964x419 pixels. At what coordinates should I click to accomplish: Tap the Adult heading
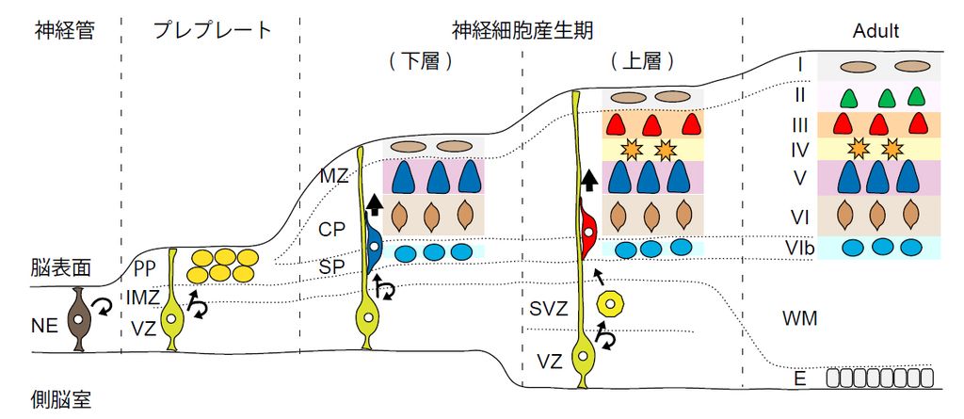tap(876, 31)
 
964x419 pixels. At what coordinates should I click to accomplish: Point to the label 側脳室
tap(57, 399)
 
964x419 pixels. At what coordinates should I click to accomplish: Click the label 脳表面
tap(57, 267)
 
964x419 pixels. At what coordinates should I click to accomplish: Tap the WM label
tap(798, 318)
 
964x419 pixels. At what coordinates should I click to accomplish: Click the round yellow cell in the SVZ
tap(611, 303)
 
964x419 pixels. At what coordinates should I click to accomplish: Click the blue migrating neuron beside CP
tap(373, 246)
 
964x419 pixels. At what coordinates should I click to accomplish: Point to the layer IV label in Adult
tap(798, 148)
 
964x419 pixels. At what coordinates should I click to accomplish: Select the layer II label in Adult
tap(798, 95)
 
